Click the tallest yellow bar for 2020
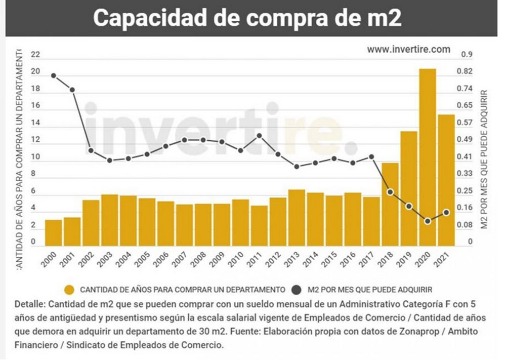[428, 157]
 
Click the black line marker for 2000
[54, 76]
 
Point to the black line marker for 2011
[259, 135]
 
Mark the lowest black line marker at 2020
[428, 221]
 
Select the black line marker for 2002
[91, 150]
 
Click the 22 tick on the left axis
[35, 55]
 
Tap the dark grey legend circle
[297, 290]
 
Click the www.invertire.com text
[408, 49]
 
